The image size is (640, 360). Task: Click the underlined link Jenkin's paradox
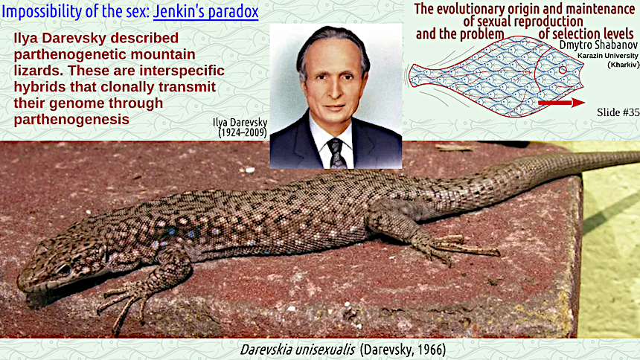tap(205, 11)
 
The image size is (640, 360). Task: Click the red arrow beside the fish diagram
tap(562, 103)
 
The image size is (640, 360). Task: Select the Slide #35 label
tap(618, 112)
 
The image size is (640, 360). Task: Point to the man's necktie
tap(336, 153)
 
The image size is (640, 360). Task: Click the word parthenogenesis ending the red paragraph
tap(71, 119)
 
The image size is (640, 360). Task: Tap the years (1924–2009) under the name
tap(243, 132)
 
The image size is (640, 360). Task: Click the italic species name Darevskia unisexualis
tap(298, 350)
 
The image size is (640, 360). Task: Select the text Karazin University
tap(608, 56)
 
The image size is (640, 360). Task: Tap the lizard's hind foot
tap(457, 248)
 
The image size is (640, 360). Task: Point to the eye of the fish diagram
tap(563, 70)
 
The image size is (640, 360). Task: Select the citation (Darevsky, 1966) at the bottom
tap(403, 350)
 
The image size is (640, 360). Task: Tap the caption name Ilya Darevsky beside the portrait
tap(240, 122)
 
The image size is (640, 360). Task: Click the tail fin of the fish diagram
tap(417, 77)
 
